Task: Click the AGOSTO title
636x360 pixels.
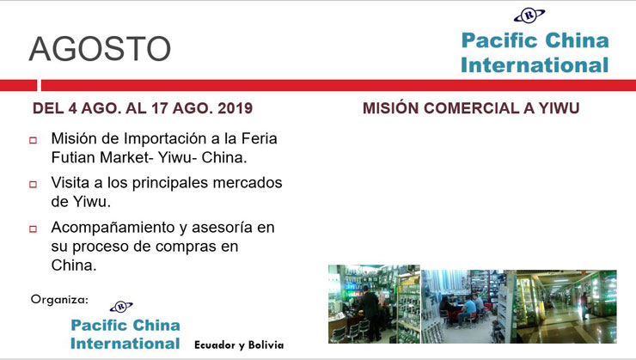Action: click(100, 49)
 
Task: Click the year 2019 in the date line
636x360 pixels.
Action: click(235, 108)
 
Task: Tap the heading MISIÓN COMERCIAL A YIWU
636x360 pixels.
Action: click(471, 108)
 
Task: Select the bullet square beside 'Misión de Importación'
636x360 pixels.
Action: click(33, 140)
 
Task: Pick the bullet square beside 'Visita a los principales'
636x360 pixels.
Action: click(33, 185)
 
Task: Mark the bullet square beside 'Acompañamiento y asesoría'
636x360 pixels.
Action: click(33, 229)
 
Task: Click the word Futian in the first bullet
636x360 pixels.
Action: click(73, 157)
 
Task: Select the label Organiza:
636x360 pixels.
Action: click(59, 300)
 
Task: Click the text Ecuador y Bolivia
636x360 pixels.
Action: click(239, 345)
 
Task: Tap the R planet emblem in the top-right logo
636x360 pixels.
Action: click(529, 15)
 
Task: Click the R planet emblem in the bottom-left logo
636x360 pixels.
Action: click(121, 307)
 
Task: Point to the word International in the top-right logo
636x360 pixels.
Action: click(535, 64)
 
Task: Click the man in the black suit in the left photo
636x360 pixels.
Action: click(370, 312)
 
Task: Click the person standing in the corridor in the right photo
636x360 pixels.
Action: click(584, 305)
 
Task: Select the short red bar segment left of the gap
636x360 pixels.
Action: click(18, 86)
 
